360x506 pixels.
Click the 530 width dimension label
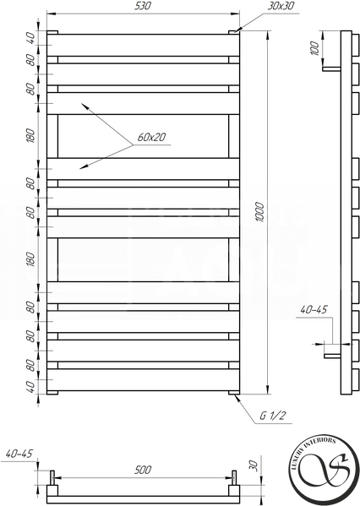[x=142, y=6]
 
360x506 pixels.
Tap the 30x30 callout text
[x=281, y=6]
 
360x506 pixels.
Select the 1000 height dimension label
[x=260, y=212]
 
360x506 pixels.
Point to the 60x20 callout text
[x=151, y=137]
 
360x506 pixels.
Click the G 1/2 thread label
[x=273, y=416]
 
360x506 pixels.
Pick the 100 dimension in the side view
[x=314, y=48]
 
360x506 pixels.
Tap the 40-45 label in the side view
[x=314, y=310]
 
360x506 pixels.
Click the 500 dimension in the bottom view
[x=142, y=470]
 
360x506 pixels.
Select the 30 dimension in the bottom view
[x=254, y=465]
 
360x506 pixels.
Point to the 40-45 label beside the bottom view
[x=19, y=454]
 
